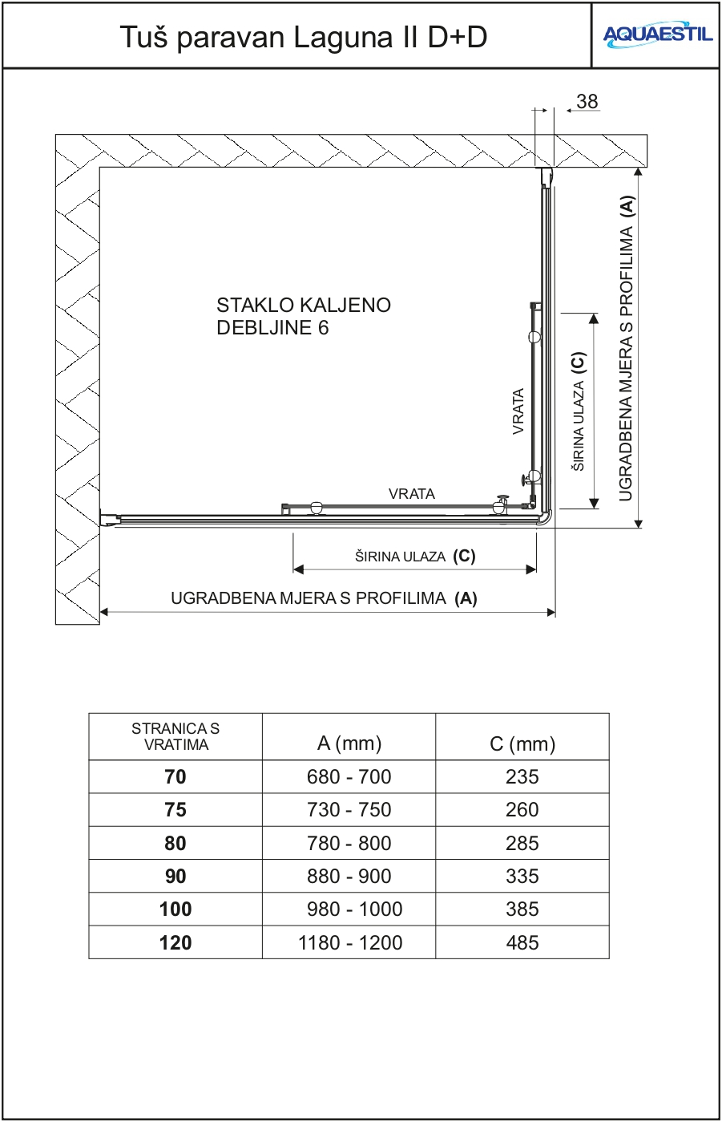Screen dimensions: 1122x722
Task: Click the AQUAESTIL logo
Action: click(x=657, y=35)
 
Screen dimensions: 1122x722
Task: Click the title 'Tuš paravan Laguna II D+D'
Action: click(x=304, y=37)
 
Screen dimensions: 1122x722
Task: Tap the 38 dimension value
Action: click(x=587, y=102)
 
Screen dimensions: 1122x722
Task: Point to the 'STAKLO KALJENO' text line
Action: click(x=304, y=306)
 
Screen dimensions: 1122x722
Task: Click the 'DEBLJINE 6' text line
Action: click(x=272, y=327)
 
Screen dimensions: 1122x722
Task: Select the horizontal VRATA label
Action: click(x=412, y=494)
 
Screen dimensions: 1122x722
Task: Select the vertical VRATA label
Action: click(x=518, y=411)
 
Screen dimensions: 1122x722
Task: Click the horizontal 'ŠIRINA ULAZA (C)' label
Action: click(x=415, y=556)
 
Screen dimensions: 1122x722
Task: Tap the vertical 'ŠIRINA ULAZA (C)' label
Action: click(x=579, y=411)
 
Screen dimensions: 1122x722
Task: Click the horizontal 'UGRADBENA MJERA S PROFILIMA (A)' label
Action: click(x=324, y=598)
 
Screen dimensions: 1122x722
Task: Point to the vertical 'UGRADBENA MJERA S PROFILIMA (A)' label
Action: click(x=627, y=349)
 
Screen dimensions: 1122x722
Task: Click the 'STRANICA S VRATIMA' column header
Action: click(x=175, y=736)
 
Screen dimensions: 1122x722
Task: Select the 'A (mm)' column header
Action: click(x=349, y=743)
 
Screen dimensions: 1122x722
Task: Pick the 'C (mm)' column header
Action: click(x=522, y=744)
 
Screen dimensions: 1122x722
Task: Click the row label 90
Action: click(x=175, y=877)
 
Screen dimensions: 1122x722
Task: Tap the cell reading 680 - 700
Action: click(x=349, y=777)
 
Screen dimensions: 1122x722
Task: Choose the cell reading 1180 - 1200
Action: click(x=349, y=943)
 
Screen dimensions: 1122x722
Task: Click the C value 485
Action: click(x=522, y=943)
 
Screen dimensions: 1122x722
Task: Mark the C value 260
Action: click(x=522, y=810)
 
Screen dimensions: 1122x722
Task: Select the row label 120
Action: click(x=175, y=943)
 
